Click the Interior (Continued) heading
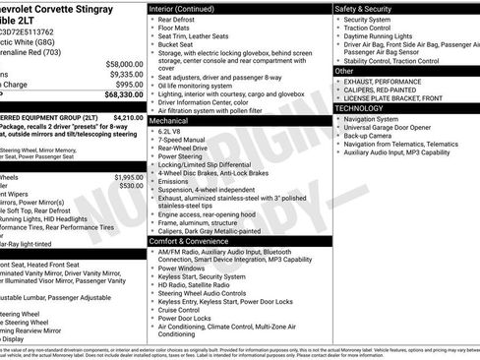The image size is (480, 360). pyautogui.click(x=185, y=8)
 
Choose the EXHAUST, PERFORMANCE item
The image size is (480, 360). pyautogui.click(x=384, y=81)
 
